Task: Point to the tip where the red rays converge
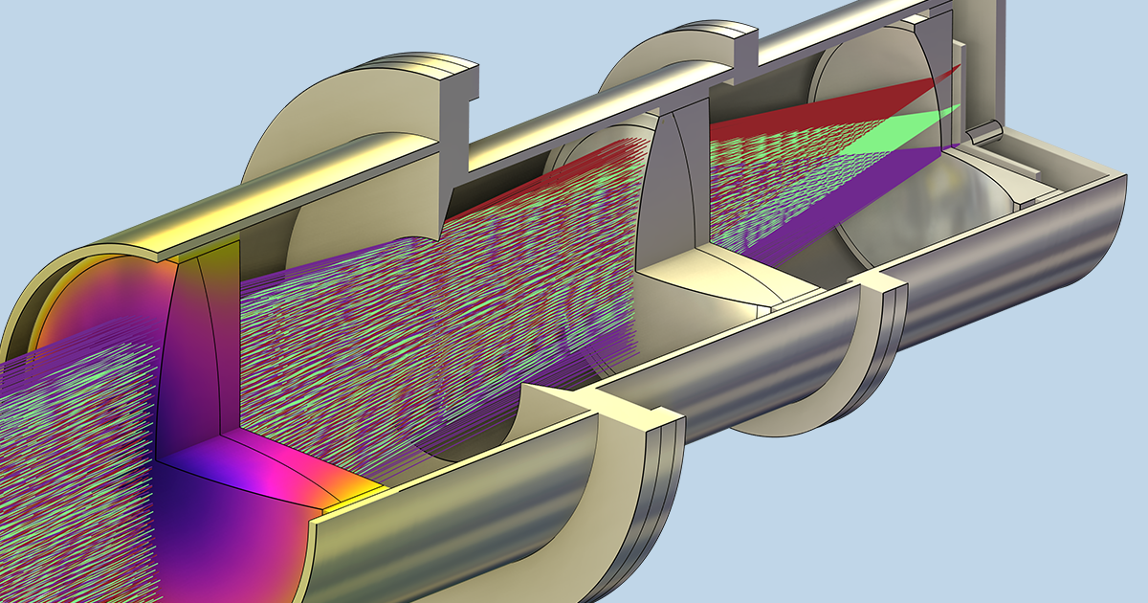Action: (958, 70)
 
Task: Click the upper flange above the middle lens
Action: (670, 67)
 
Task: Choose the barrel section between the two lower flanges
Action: (746, 383)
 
